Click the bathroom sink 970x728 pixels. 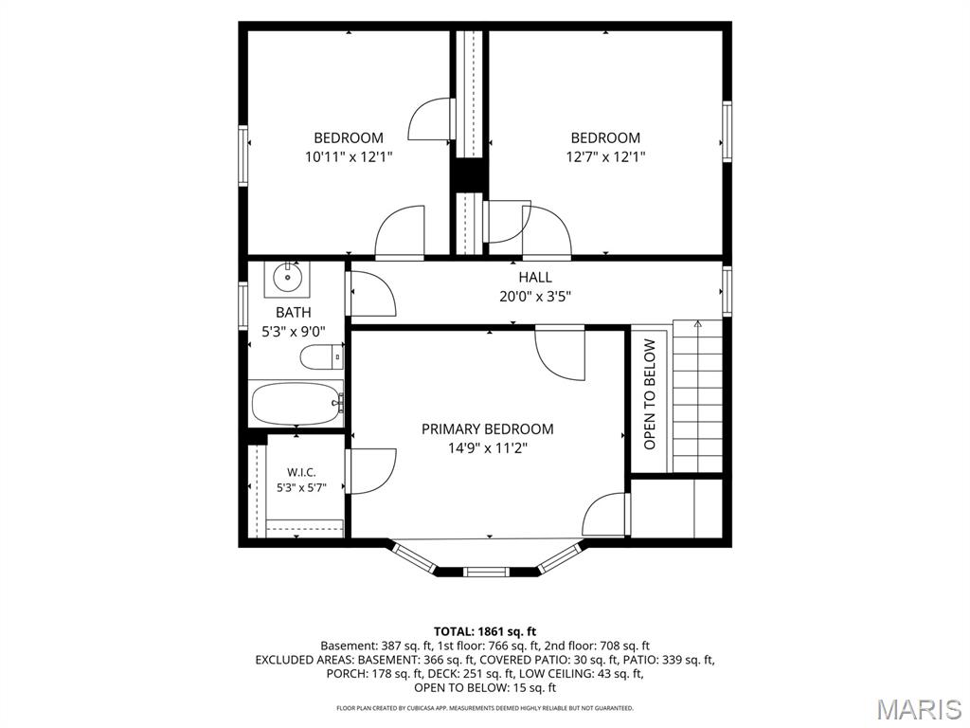[x=287, y=278]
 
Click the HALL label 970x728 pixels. [x=535, y=278]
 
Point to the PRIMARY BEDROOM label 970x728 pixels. [x=488, y=429]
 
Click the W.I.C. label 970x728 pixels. [x=301, y=472]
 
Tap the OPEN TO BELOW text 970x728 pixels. [x=650, y=394]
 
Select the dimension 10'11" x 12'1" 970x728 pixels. [x=349, y=156]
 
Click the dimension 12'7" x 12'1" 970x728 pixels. [x=605, y=156]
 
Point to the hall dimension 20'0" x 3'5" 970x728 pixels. [x=535, y=297]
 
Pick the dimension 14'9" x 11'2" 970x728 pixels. [x=488, y=447]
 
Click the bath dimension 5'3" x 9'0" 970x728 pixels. [x=294, y=332]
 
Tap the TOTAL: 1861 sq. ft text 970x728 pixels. [x=485, y=631]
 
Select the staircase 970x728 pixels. [x=698, y=396]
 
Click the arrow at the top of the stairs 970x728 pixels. [x=698, y=323]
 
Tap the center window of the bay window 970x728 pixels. [x=488, y=572]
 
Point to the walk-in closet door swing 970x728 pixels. [x=371, y=471]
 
